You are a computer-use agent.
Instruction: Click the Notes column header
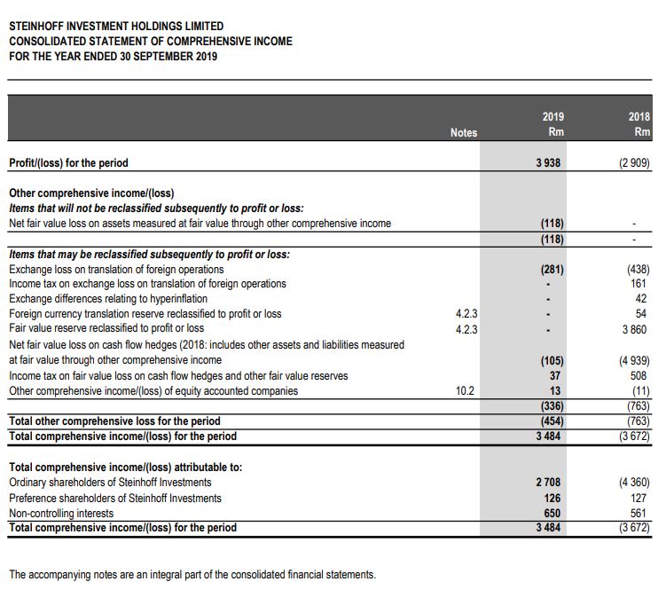(463, 132)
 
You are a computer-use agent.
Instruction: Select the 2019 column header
(552, 124)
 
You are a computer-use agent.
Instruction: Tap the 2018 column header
(639, 124)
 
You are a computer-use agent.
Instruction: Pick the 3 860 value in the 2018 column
(635, 328)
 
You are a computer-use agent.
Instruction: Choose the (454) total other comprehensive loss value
(552, 421)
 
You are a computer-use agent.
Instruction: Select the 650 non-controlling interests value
(552, 514)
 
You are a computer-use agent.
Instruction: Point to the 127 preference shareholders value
(640, 499)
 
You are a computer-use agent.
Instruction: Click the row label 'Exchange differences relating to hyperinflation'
(108, 299)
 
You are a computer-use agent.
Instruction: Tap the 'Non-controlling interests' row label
(61, 514)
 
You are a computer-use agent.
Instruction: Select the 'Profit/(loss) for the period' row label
(68, 163)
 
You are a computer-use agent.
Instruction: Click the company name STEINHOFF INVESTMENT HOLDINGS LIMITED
(116, 27)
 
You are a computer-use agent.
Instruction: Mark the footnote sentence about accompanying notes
(192, 575)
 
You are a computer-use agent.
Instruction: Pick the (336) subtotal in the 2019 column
(552, 406)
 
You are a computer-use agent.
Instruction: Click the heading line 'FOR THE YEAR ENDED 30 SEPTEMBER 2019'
(113, 57)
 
